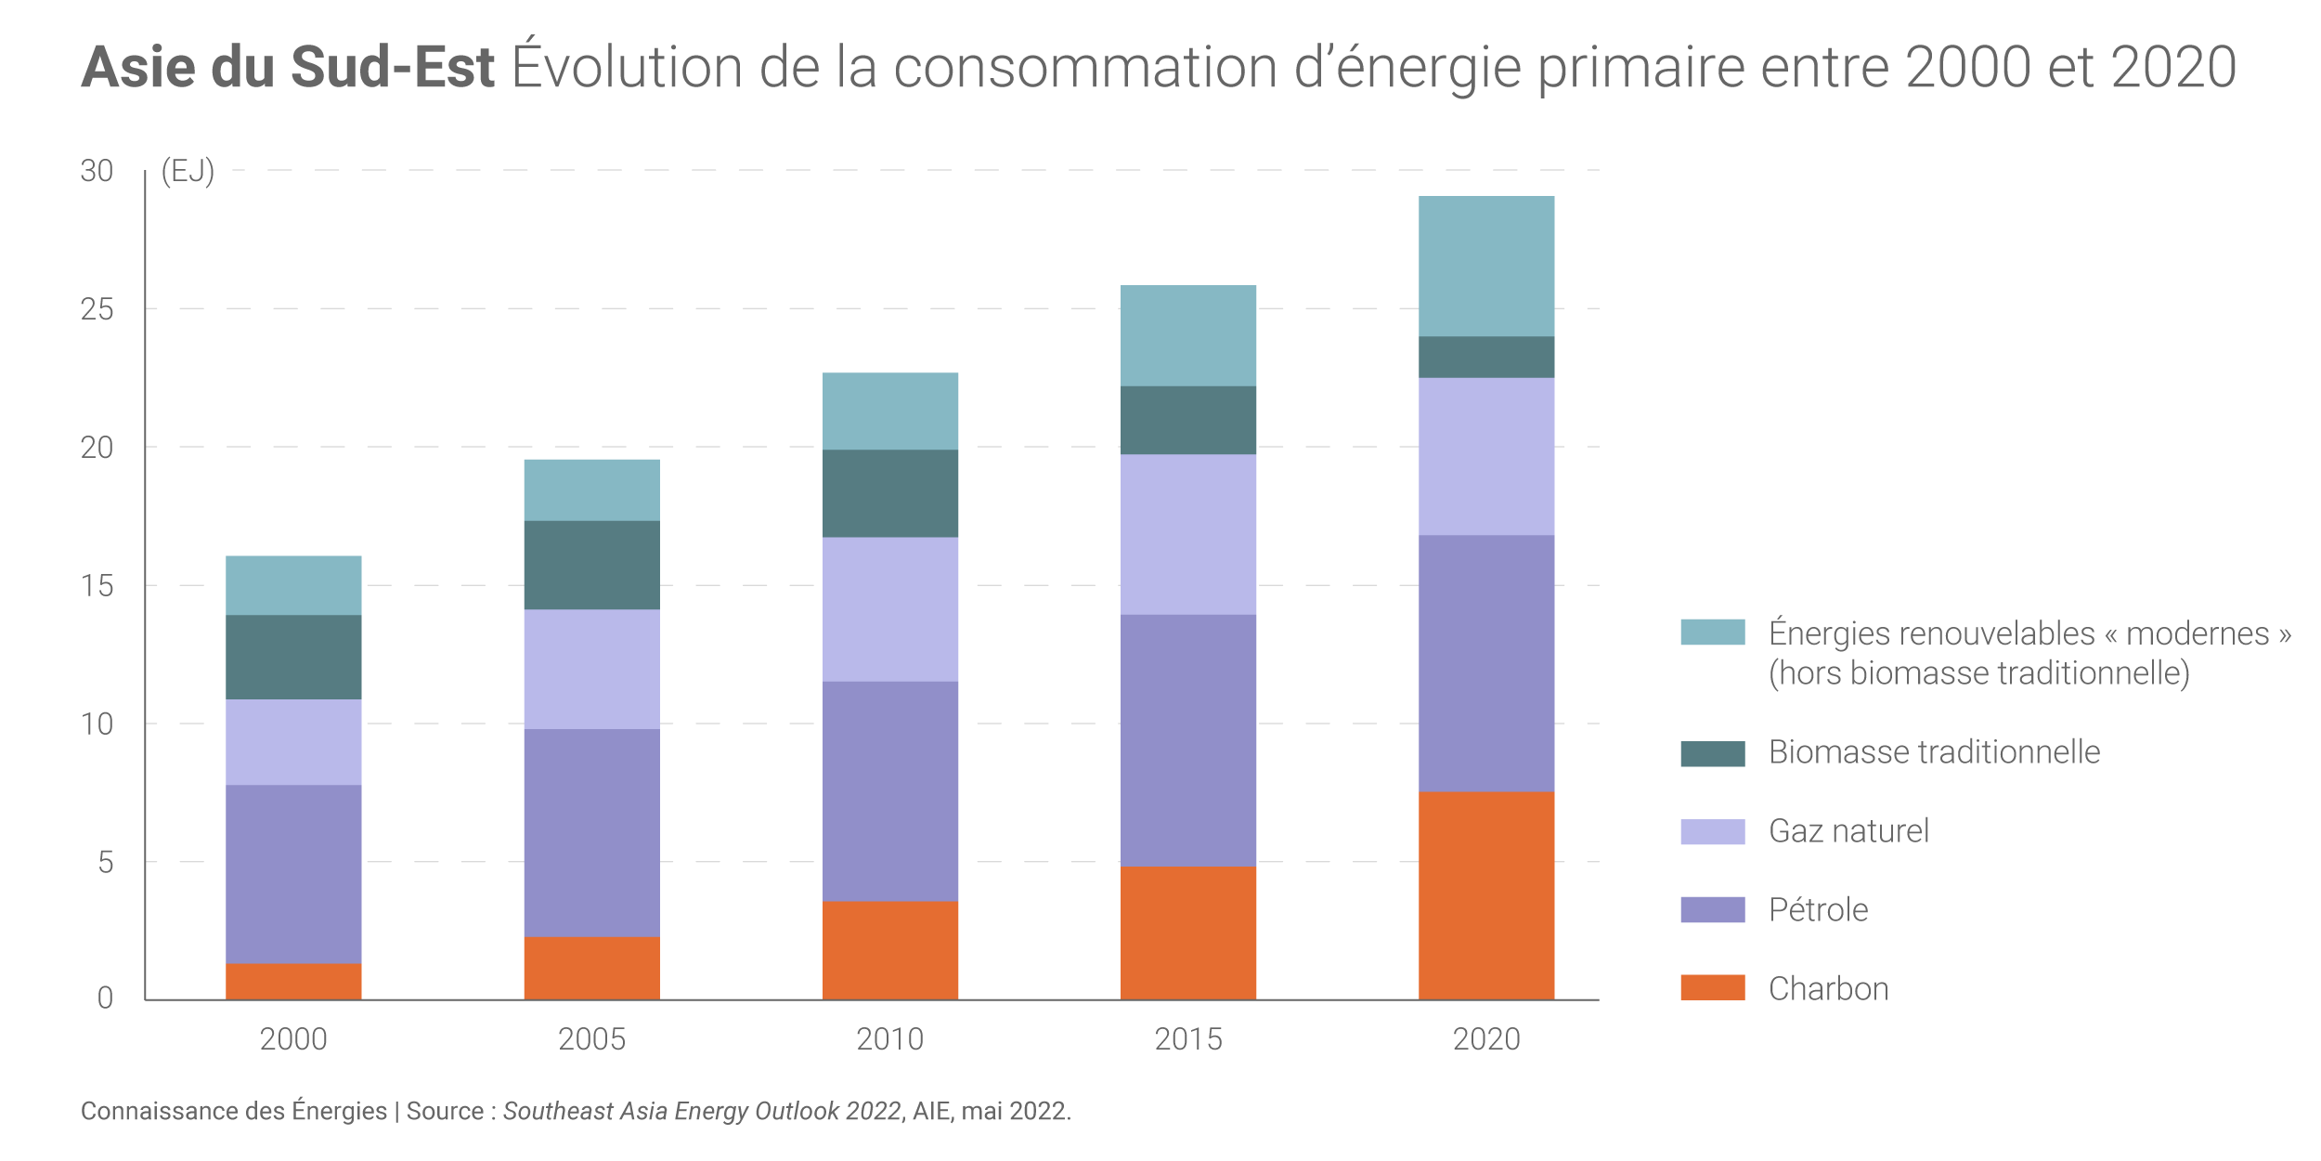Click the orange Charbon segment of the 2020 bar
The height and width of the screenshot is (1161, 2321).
1485,895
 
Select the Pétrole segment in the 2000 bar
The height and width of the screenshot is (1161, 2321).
293,874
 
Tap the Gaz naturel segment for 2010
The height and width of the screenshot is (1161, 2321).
889,609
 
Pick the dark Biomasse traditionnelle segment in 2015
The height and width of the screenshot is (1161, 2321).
1187,420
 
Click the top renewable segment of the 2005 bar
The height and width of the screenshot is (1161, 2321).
591,490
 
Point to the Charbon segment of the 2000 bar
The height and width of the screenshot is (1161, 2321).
293,981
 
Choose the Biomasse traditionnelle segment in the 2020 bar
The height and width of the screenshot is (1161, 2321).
1485,357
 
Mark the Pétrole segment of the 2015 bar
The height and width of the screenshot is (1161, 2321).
1187,740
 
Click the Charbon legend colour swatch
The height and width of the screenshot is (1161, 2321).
1712,987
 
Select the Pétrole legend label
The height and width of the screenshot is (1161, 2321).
1818,909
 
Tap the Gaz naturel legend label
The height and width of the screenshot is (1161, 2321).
1848,830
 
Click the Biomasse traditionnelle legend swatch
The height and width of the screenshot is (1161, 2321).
1712,752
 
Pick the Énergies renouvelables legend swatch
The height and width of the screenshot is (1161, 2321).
1712,633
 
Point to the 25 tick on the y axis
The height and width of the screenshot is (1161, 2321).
97,309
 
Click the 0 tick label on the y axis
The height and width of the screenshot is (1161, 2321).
105,998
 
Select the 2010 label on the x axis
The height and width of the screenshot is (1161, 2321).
889,1039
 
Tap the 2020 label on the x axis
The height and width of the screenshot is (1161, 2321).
1485,1039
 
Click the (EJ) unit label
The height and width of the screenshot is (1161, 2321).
188,171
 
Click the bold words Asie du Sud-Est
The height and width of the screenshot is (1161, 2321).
288,67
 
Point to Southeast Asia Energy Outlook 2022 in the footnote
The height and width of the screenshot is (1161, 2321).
702,1111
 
